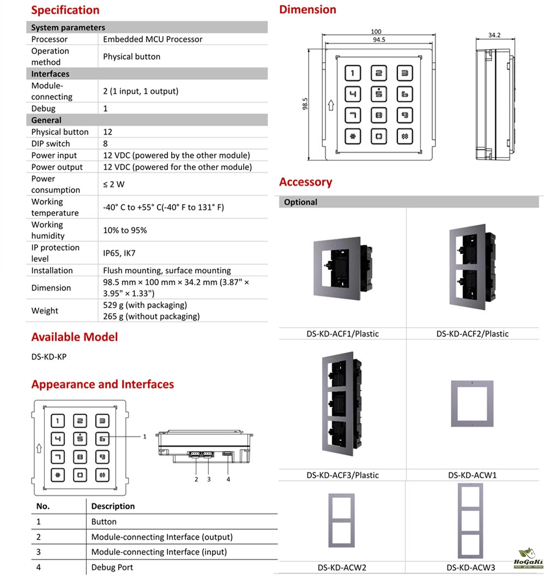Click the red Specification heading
coord(65,10)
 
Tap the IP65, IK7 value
coord(119,253)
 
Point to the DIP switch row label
coord(51,143)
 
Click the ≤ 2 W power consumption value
coord(114,184)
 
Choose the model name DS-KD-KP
coord(49,357)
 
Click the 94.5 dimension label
coord(379,39)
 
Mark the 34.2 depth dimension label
coord(494,35)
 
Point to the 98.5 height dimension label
coord(305,104)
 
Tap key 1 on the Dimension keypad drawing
coord(353,74)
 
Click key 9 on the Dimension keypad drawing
coord(404,115)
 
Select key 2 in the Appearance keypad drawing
coord(80,421)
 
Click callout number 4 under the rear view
coord(228,479)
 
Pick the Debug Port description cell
coord(112,567)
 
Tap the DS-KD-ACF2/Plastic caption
coord(472,334)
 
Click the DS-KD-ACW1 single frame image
coord(472,403)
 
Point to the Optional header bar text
coord(301,202)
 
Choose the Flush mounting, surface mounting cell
coord(167,271)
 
